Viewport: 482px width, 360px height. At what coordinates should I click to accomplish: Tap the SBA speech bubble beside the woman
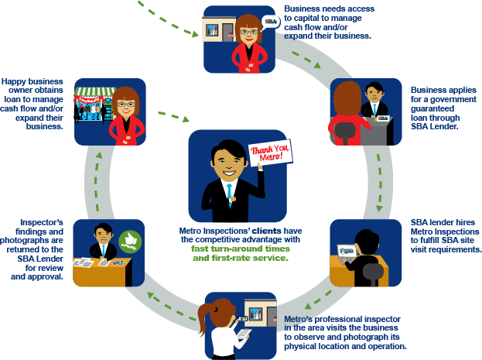pos(270,22)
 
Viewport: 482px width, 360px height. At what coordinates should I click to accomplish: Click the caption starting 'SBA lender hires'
pos(446,236)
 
